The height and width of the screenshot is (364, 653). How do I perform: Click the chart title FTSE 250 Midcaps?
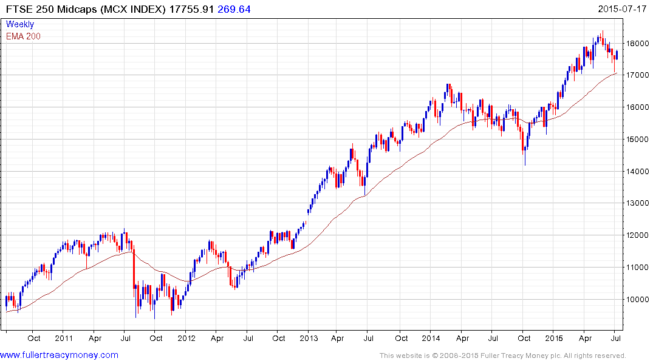[55, 9]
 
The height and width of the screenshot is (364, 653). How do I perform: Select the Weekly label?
[20, 24]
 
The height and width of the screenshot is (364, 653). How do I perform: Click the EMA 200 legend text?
[23, 36]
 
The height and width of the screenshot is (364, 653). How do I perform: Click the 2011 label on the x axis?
[63, 338]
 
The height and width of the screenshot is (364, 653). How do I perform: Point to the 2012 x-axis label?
[186, 338]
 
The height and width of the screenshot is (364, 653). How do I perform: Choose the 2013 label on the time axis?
[309, 338]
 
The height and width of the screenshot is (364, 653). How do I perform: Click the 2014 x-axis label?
[431, 338]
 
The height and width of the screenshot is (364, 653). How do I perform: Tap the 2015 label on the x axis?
[554, 338]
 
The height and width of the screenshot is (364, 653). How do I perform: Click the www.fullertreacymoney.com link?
[60, 355]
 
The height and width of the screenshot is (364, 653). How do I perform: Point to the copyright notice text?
[502, 356]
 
